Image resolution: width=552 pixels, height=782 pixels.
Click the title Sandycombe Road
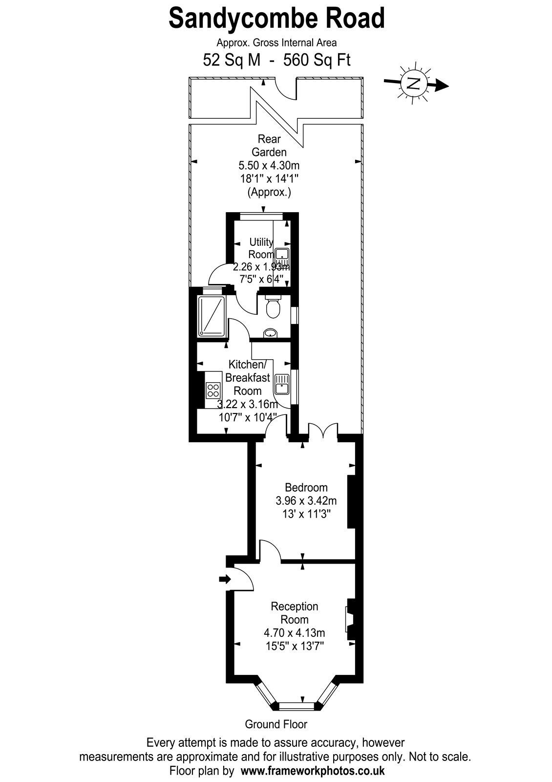(276, 19)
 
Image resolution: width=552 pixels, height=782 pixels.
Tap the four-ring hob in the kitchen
(213, 390)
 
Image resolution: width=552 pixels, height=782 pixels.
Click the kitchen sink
(281, 384)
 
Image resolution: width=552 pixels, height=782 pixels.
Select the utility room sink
(282, 257)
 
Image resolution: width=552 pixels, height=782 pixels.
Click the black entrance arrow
(225, 580)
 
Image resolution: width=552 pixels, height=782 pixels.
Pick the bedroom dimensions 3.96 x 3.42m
(306, 501)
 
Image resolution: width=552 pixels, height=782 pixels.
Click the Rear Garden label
(269, 146)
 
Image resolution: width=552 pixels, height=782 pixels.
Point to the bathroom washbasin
(270, 333)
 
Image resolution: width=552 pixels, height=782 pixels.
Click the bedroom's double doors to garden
(323, 430)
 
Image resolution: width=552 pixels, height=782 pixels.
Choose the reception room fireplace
(350, 620)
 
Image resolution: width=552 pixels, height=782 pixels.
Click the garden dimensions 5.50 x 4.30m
(269, 165)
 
